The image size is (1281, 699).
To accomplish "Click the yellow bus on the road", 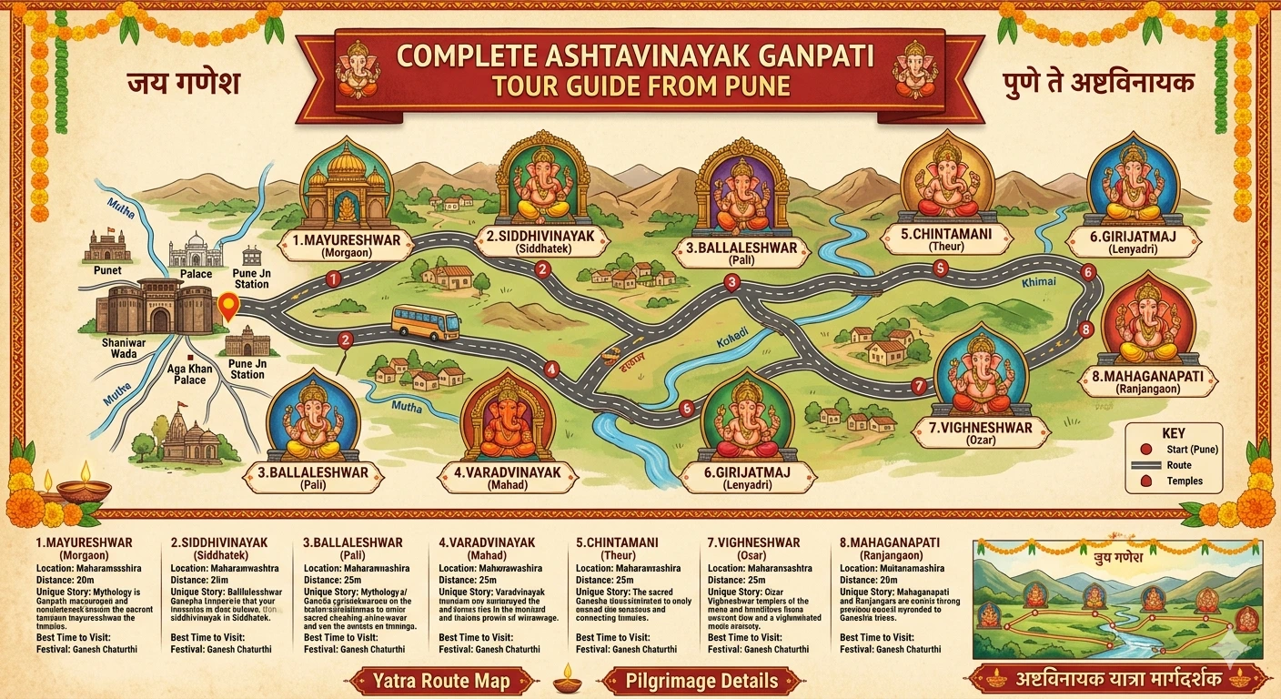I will (425, 322).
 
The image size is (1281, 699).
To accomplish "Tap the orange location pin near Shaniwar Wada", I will (227, 307).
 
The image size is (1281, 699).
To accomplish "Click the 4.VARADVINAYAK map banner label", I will (507, 477).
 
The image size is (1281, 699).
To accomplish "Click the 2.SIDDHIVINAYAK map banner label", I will (540, 241).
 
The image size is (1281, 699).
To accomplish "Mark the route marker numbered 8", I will (1084, 329).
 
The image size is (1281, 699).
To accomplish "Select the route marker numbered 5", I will (941, 268).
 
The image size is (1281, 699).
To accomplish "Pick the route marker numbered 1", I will (334, 279).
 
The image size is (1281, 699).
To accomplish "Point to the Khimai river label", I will (1039, 282).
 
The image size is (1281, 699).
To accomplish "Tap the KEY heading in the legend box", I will (1174, 434).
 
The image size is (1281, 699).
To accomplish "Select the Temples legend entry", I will (1184, 481).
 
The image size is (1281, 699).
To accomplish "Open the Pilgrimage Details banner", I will (701, 680).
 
